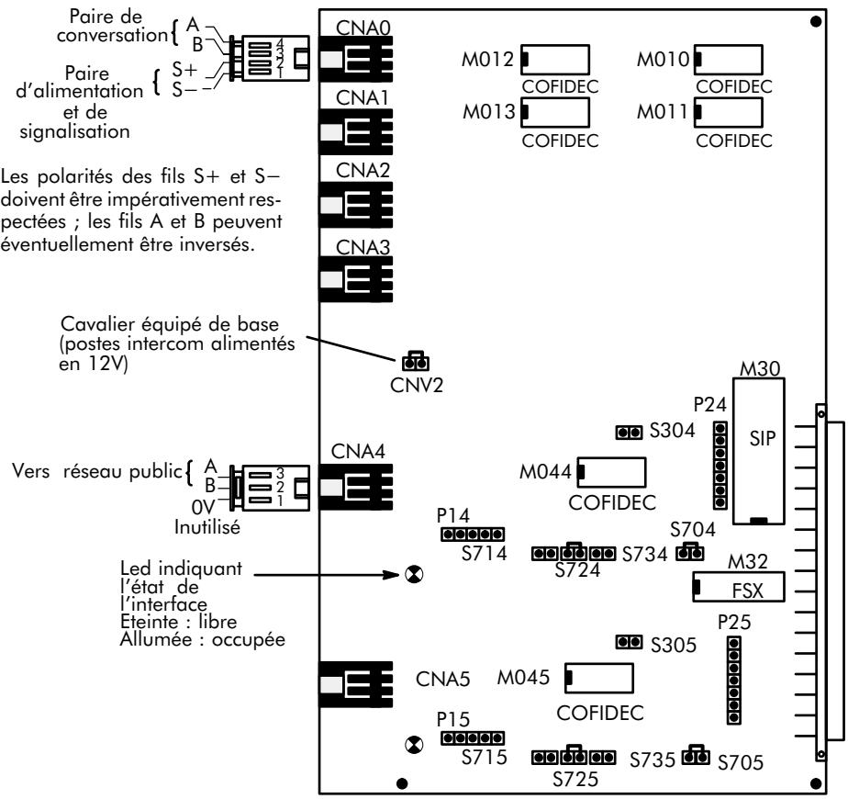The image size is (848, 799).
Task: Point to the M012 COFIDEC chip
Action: (x=555, y=61)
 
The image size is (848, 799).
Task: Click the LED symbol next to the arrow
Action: (x=414, y=575)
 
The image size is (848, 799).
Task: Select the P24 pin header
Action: (x=722, y=467)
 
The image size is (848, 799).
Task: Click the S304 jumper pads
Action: (x=629, y=431)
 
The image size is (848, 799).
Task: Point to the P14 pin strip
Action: (x=471, y=534)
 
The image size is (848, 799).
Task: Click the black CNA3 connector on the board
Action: (x=355, y=274)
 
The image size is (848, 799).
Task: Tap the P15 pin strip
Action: (x=471, y=738)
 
